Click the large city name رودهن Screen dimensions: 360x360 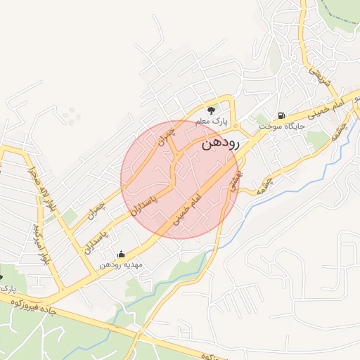[x=220, y=143]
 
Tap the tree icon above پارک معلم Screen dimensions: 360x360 [x=211, y=110]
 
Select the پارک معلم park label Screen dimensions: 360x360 [x=212, y=122]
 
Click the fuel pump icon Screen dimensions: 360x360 [x=281, y=115]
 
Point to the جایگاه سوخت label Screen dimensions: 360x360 [x=280, y=127]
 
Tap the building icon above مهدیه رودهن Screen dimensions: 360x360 [x=121, y=255]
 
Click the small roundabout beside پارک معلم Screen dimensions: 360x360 [x=236, y=126]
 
